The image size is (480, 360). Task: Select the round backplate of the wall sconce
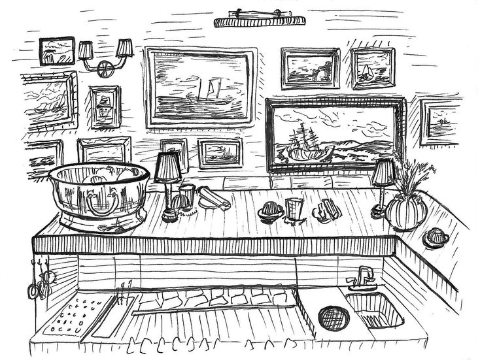coord(104,68)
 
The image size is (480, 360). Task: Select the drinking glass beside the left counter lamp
coord(187,195)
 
